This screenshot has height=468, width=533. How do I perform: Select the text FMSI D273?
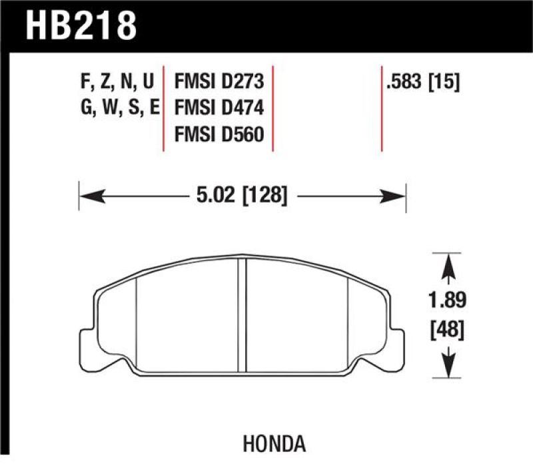click(219, 83)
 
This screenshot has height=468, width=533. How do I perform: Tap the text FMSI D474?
click(219, 107)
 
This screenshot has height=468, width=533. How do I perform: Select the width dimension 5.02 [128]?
click(243, 196)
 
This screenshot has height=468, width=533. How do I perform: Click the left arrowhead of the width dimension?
click(91, 196)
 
